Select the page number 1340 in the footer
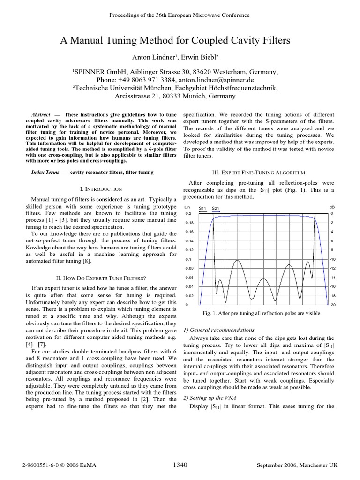coord(180,465)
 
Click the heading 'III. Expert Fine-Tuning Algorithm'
coord(258,172)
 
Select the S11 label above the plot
coord(203,208)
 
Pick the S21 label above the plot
coord(216,208)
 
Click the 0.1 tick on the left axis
coord(188,259)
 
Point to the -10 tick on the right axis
coord(332,259)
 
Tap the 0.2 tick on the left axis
coord(188,213)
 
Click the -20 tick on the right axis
coord(332,305)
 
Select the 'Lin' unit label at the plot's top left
coord(187,207)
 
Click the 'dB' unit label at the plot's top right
coord(332,207)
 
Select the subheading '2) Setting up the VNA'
coord(207,397)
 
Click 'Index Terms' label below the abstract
coord(45,172)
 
